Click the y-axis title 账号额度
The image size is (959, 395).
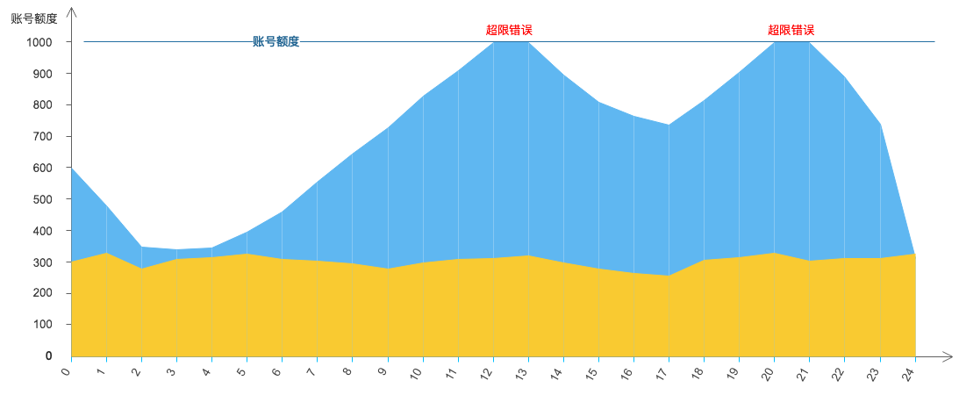[x=34, y=18]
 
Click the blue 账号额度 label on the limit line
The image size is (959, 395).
[x=276, y=41]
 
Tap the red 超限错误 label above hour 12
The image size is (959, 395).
[x=509, y=30]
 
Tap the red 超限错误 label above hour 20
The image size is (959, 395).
[x=791, y=30]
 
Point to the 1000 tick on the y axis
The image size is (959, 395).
[x=39, y=42]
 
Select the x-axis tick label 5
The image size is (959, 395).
[x=242, y=372]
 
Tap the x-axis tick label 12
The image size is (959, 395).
[x=486, y=374]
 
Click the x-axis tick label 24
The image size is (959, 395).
[x=908, y=374]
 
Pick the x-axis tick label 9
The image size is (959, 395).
[x=383, y=372]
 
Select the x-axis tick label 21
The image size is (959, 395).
[x=803, y=374]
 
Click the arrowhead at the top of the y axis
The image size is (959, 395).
[x=71, y=11]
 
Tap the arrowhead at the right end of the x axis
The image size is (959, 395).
[x=948, y=356]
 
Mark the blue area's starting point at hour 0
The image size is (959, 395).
[x=71, y=168]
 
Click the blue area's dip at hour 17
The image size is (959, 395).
[x=669, y=125]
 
